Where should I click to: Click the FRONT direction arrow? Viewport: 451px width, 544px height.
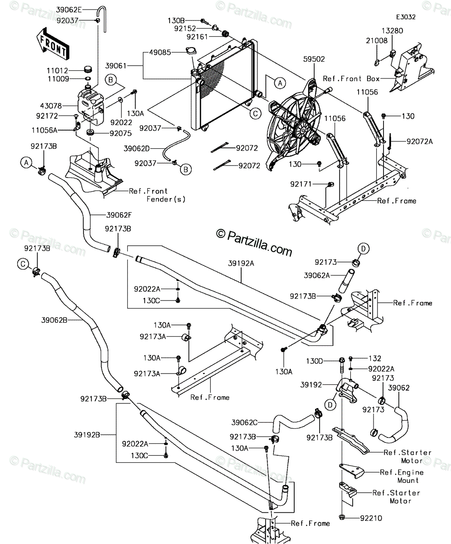coord(53,44)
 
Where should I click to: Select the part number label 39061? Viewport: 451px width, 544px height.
coord(116,66)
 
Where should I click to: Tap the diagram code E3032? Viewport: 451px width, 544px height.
coord(406,17)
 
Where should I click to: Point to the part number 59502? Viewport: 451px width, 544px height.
coord(314,59)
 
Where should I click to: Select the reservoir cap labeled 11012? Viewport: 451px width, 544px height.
coord(88,69)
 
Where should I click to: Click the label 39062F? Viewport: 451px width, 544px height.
coord(119,215)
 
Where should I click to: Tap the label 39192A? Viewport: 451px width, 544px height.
coord(241,263)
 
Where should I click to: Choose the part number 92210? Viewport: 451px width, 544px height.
coord(371,518)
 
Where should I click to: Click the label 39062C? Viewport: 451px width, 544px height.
coord(244,423)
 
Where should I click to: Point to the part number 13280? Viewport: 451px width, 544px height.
coord(392,31)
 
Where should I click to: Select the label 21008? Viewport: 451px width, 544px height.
coord(377,41)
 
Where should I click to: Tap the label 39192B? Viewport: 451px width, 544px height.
coord(87,435)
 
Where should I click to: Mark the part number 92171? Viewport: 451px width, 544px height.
coord(301,184)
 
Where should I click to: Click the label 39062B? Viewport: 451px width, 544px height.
coord(54,320)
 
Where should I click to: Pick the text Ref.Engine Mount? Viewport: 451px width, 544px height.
coord(402,476)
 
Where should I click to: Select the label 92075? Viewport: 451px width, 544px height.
coord(121,133)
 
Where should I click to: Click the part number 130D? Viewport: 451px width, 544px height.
coord(315,361)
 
